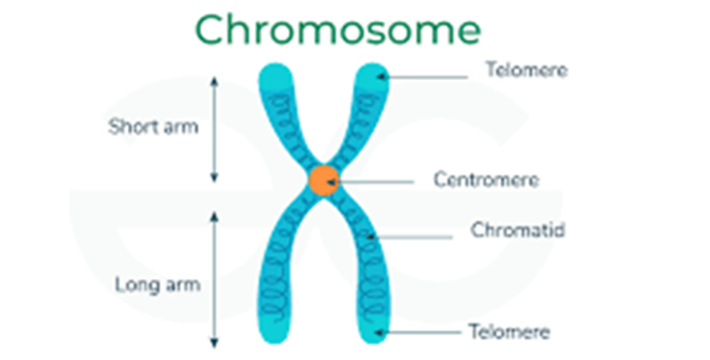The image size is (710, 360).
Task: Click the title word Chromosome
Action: (338, 30)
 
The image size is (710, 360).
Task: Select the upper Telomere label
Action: (526, 71)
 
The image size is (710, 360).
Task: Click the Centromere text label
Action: (486, 180)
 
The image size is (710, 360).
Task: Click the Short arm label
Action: (153, 127)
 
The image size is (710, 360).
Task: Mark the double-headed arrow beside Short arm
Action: (215, 128)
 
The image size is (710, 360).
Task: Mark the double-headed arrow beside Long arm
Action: (215, 279)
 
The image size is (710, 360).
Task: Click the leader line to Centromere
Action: (377, 180)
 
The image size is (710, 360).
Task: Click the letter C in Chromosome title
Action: (212, 30)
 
